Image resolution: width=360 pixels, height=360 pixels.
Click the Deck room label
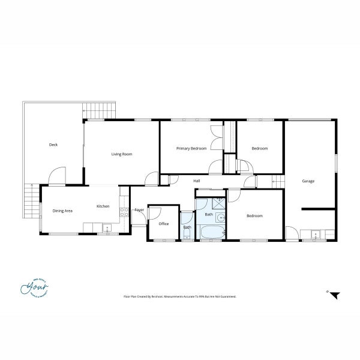point(53,145)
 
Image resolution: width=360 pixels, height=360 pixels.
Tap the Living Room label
point(122,154)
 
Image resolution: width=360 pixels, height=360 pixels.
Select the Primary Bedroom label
point(191,148)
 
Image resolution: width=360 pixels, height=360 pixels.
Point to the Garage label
point(308,181)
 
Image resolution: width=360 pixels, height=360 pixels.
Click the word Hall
point(196,181)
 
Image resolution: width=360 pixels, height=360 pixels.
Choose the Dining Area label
point(62,211)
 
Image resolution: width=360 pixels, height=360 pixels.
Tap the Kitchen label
point(103,206)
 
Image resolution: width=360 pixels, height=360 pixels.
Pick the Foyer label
point(139,209)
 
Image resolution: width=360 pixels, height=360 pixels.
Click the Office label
point(163,224)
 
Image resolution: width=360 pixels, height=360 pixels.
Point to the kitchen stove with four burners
point(125,211)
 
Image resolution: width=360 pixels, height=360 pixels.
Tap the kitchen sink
point(106,227)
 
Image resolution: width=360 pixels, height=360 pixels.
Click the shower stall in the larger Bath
point(218,202)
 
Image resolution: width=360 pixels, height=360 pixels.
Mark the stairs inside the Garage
point(277,179)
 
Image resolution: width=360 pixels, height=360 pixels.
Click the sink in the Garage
point(314,233)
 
